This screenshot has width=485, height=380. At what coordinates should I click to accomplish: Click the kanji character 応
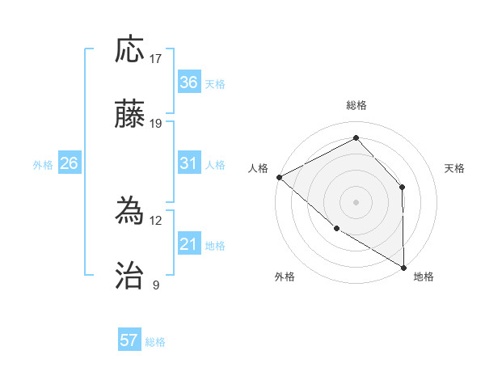tap(130, 50)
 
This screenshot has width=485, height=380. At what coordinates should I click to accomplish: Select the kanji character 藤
tap(130, 114)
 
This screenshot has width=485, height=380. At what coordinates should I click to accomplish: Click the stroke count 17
tap(156, 59)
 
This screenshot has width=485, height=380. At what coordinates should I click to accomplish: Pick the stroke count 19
tap(156, 124)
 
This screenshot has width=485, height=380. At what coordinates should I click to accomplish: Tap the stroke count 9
tap(156, 285)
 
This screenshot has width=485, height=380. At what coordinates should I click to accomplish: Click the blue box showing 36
tap(188, 82)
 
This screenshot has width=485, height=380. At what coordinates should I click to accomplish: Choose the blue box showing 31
tap(188, 163)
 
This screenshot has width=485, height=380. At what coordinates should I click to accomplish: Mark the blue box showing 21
tap(188, 244)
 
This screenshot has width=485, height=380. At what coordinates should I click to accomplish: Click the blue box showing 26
tap(69, 163)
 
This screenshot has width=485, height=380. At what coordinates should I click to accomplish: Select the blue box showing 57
tap(129, 340)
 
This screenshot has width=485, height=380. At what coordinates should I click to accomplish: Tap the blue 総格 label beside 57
tap(155, 342)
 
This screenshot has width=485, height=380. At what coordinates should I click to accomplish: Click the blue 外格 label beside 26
tap(43, 165)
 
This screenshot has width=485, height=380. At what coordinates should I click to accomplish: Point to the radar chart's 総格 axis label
tap(356, 105)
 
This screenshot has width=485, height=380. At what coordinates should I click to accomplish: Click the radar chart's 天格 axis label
tap(454, 168)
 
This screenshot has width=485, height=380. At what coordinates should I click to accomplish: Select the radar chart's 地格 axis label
tap(424, 277)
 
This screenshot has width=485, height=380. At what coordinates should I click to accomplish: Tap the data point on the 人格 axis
tap(279, 176)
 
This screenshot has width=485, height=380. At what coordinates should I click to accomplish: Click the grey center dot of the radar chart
tap(356, 201)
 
